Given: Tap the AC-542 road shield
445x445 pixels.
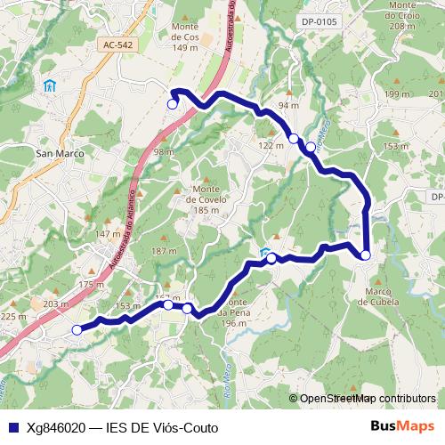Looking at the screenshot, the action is (x=118, y=44).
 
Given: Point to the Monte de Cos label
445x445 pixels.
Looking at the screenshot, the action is (x=185, y=42).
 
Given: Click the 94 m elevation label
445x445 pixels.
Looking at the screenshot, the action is (x=287, y=105).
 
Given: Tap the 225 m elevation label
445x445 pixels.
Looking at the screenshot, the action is (x=13, y=316).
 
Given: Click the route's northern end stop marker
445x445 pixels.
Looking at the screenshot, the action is (x=172, y=103).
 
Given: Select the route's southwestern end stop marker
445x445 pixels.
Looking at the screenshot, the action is (x=77, y=330).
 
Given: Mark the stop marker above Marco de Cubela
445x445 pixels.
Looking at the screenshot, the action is (x=366, y=255).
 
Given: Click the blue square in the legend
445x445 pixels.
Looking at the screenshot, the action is (x=12, y=427).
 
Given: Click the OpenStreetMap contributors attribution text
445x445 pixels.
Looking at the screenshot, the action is (x=367, y=399).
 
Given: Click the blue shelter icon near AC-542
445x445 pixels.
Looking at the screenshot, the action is (x=50, y=86).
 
